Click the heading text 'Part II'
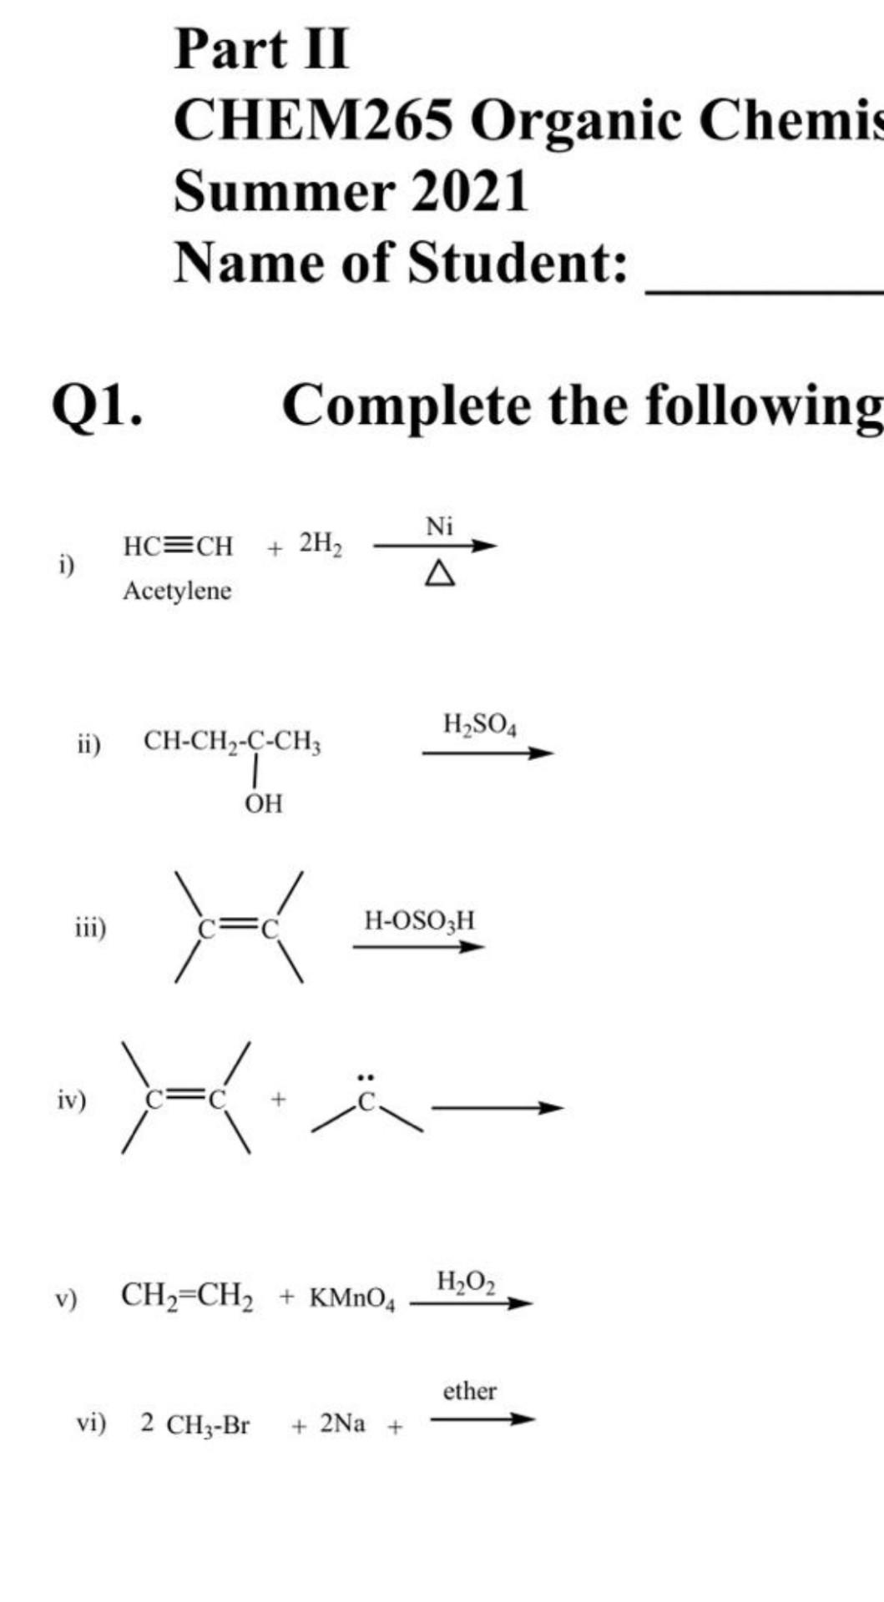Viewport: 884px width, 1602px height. click(x=261, y=48)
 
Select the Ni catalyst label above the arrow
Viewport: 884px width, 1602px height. click(x=440, y=526)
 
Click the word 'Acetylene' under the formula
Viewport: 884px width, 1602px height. click(x=177, y=591)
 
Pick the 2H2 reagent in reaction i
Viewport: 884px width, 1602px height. click(x=321, y=545)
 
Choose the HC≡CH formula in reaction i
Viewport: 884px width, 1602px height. click(x=179, y=547)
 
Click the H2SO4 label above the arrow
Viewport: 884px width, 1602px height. click(x=480, y=725)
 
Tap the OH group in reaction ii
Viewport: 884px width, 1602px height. click(x=264, y=804)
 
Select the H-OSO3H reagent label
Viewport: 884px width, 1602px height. click(x=419, y=921)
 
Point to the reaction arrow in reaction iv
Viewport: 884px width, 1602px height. click(x=498, y=1108)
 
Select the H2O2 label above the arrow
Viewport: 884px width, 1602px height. click(x=466, y=1282)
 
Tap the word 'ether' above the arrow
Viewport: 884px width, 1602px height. click(x=469, y=1391)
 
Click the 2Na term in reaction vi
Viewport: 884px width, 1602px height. click(x=342, y=1423)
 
